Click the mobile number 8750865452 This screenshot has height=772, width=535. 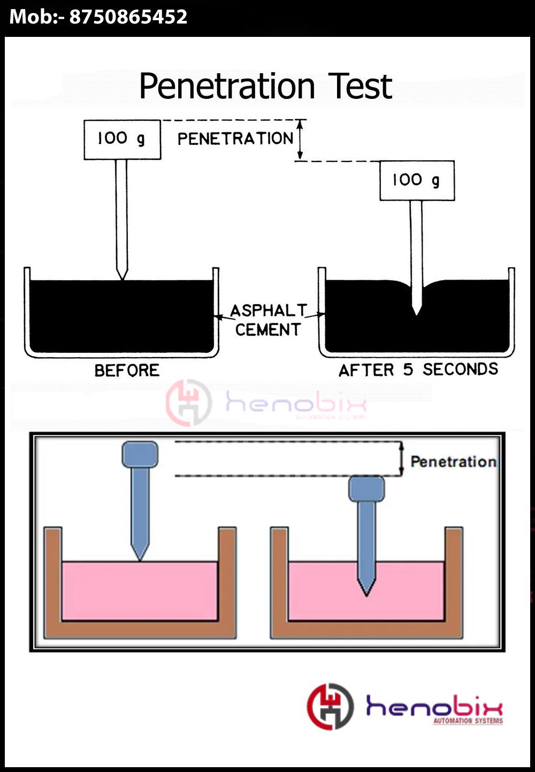point(128,17)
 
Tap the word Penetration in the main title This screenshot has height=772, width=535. point(227,87)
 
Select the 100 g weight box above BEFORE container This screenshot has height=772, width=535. point(122,140)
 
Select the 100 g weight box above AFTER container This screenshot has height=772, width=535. point(417,181)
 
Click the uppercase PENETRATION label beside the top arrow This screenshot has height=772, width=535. point(235,139)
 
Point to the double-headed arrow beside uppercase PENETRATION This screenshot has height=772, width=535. point(300,140)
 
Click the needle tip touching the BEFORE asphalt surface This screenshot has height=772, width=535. point(122,276)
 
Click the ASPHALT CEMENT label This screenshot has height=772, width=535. point(268,320)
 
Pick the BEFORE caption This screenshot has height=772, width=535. point(127,370)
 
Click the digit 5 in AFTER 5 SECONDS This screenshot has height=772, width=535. point(408,369)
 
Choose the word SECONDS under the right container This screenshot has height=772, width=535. point(460,369)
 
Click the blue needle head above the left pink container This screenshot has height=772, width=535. point(140,454)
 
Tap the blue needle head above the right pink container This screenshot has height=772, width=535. point(366,489)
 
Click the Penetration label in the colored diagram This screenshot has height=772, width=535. point(453,461)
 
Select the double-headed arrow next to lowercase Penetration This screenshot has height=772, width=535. point(402,459)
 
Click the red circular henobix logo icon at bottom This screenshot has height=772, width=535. point(330,706)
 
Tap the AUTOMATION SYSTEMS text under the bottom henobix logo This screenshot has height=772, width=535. point(468,721)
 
